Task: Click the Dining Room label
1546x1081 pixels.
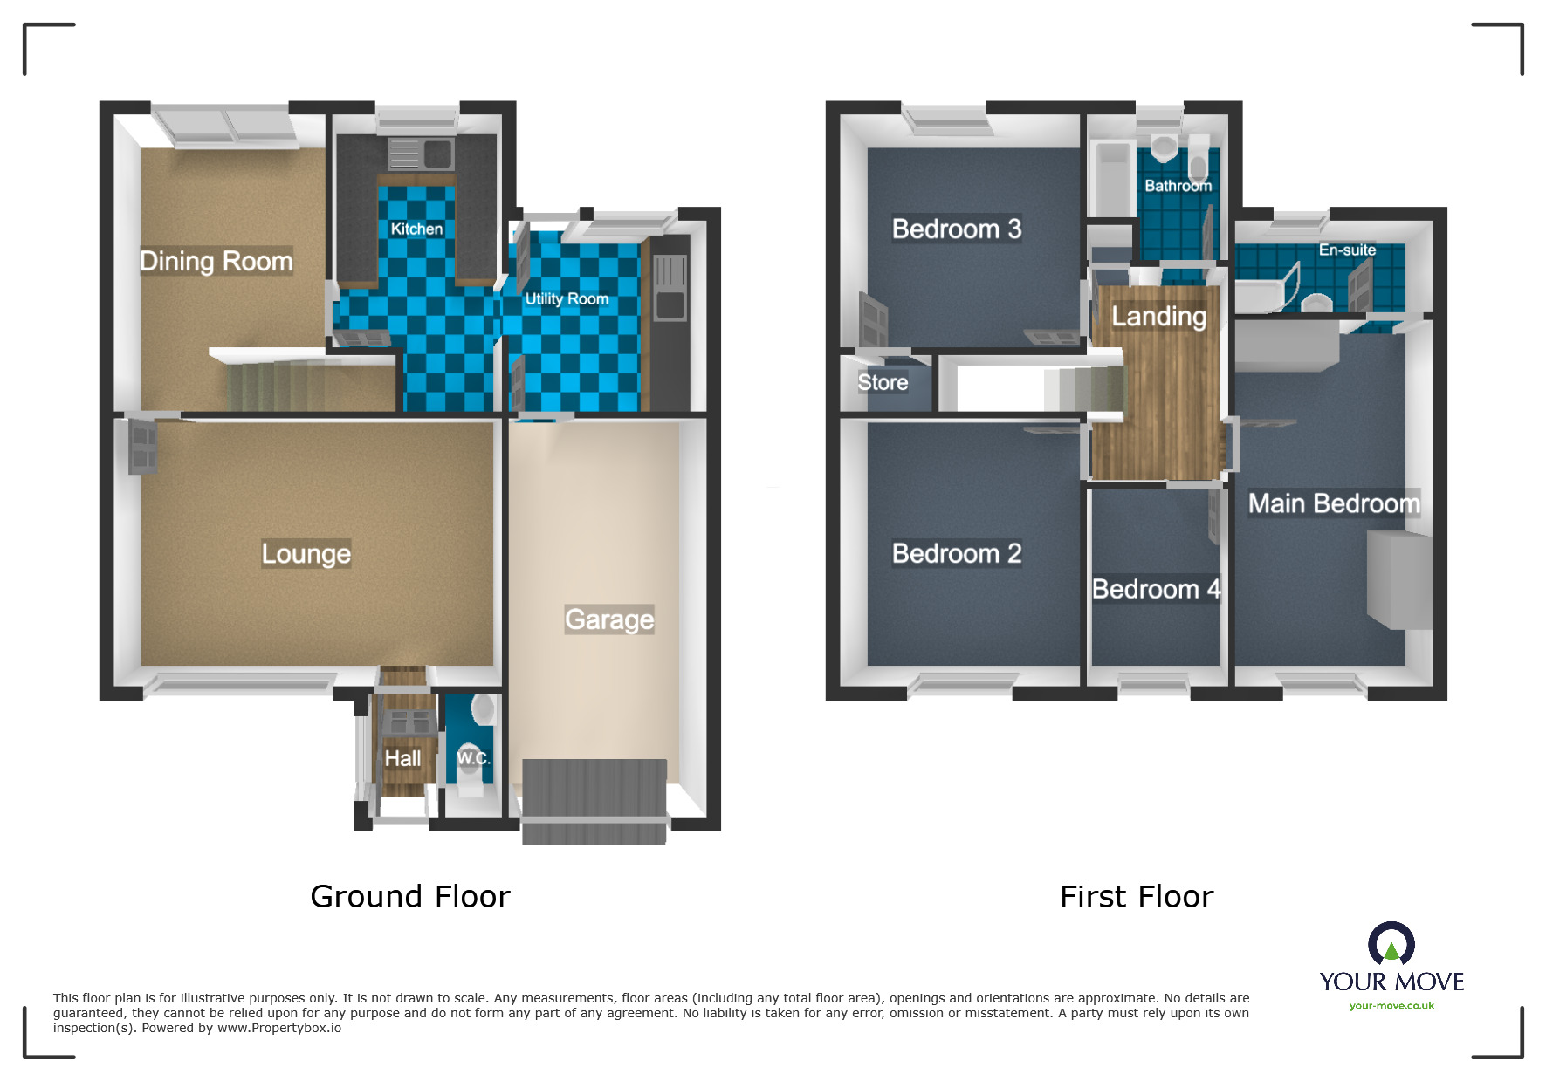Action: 216,261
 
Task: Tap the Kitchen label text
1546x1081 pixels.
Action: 416,229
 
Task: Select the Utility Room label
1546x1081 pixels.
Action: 567,298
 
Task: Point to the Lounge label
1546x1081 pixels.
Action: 306,553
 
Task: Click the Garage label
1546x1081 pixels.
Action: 608,619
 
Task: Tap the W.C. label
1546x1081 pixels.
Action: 473,757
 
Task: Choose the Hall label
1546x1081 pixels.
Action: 402,758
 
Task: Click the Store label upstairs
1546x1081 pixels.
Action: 883,382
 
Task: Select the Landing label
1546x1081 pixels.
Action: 1158,316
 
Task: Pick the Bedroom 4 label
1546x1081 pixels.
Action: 1156,589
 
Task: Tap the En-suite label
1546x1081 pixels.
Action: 1347,250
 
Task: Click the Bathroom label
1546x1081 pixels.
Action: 1178,185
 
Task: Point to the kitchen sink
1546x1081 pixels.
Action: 421,154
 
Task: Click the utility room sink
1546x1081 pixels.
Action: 670,287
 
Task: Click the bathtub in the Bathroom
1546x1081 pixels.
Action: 1112,179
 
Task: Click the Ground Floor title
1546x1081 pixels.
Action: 410,896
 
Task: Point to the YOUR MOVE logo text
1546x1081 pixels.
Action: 1391,982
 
